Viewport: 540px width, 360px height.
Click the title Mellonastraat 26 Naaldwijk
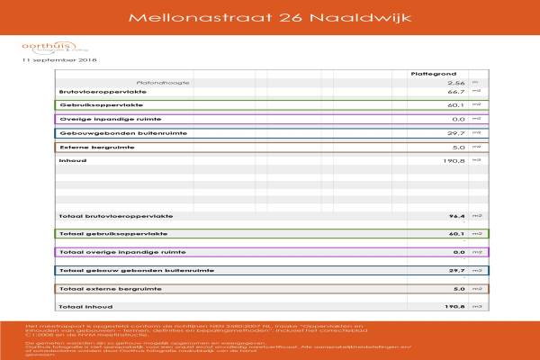pos(269,17)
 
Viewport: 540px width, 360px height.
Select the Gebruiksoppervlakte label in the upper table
pos(95,104)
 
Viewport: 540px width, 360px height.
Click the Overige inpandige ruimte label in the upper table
pos(101,119)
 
